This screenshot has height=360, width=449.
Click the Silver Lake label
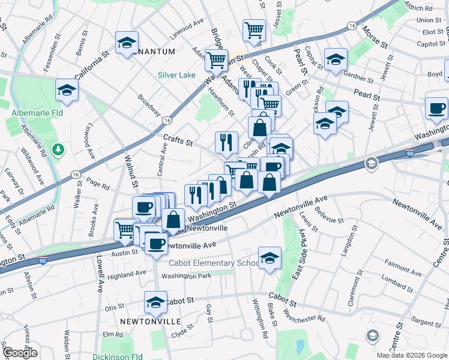click(176, 75)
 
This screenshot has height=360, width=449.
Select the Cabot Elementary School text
click(214, 263)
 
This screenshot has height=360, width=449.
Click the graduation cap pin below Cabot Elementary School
click(270, 258)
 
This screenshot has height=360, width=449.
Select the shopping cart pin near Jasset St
click(255, 29)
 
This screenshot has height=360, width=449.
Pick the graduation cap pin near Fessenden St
click(127, 43)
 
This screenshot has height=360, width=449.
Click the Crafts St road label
click(178, 141)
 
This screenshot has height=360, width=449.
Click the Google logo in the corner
click(20, 352)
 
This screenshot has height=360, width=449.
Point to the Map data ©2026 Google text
click(411, 355)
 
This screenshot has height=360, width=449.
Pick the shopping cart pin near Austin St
click(125, 229)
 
